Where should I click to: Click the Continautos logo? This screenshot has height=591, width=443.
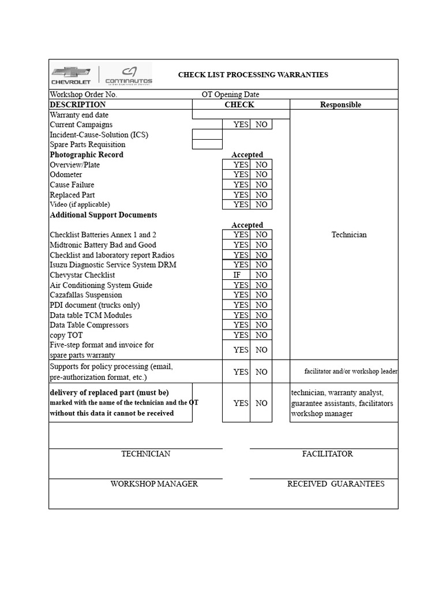[129, 75]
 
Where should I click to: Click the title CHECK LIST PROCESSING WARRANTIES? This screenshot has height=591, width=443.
[253, 74]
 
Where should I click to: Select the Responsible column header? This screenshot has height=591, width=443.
[340, 104]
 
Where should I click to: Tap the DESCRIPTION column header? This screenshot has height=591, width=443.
[78, 104]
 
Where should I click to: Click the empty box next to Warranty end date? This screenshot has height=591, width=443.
[241, 114]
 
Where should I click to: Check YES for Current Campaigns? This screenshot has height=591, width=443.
[241, 125]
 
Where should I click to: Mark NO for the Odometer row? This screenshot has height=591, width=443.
[261, 174]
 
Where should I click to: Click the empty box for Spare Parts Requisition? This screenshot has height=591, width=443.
[207, 144]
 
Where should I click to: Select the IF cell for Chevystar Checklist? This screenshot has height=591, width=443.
[237, 275]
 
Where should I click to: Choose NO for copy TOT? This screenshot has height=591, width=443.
[261, 335]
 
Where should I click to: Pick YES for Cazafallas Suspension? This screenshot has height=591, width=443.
[241, 295]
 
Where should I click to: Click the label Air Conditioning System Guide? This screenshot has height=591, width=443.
[101, 285]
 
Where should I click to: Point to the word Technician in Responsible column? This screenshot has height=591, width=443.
[348, 235]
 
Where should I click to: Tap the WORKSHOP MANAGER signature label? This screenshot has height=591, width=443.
[154, 484]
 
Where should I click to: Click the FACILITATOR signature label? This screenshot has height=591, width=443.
[327, 454]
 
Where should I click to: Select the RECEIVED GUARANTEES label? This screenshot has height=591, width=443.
[336, 484]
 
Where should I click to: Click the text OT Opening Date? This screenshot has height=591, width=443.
[230, 95]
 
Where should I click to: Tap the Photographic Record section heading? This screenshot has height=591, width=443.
[87, 155]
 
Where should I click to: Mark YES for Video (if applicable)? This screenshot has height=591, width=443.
[241, 204]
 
